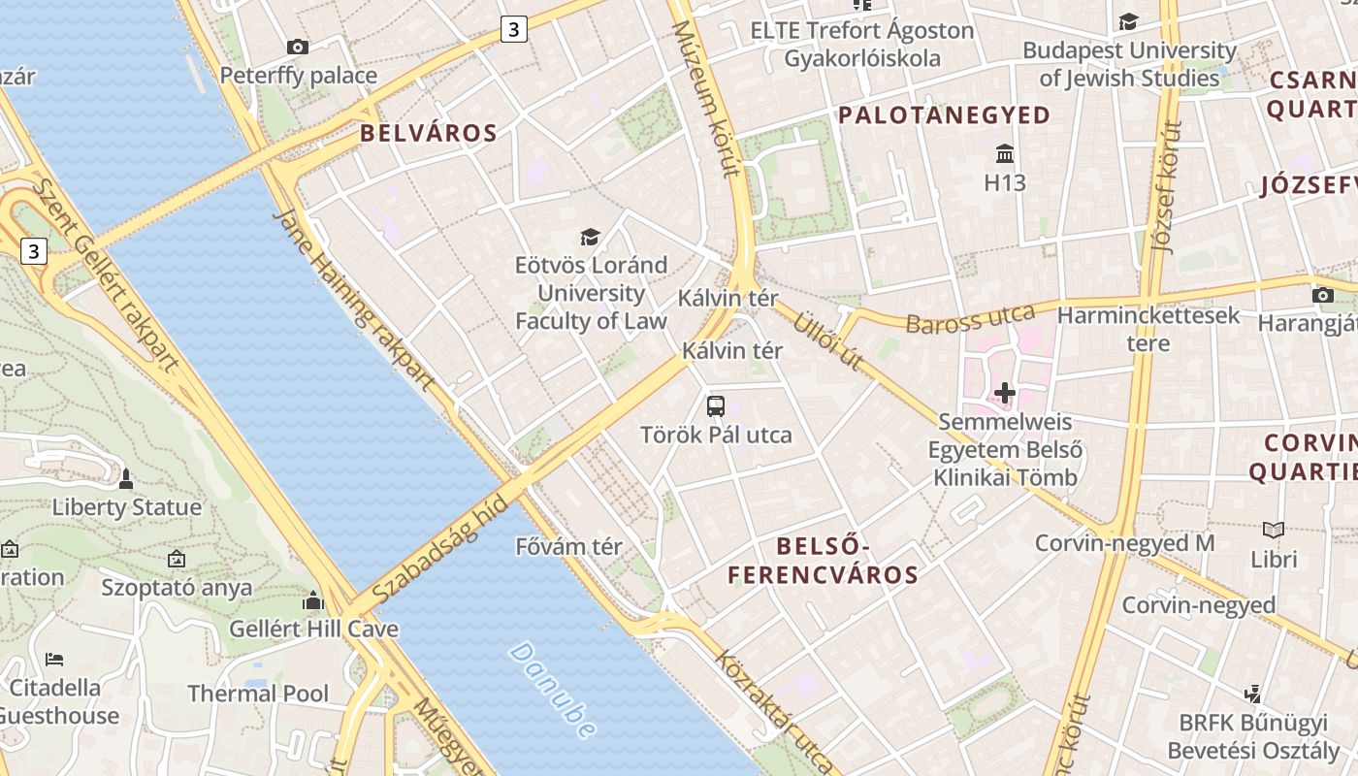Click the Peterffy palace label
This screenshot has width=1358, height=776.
click(298, 76)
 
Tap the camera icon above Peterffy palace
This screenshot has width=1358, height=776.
click(298, 47)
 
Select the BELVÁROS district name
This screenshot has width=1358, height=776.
click(429, 133)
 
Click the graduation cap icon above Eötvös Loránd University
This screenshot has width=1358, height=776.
click(590, 237)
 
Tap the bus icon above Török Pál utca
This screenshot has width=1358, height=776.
click(716, 406)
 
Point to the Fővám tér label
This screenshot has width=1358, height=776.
click(568, 546)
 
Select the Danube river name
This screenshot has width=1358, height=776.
click(551, 689)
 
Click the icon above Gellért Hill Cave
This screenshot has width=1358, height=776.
click(312, 601)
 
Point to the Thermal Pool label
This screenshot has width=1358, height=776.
click(258, 694)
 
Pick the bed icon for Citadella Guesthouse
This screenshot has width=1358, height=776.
click(54, 660)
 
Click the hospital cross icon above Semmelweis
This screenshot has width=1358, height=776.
click(1005, 393)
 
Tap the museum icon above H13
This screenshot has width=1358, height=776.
click(1005, 154)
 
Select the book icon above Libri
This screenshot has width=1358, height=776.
click(1274, 531)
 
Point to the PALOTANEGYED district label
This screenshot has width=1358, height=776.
click(945, 115)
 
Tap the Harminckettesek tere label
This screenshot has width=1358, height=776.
click(1148, 329)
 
